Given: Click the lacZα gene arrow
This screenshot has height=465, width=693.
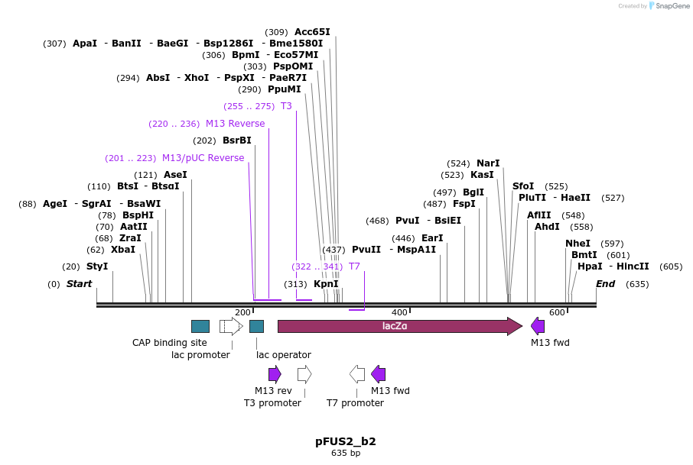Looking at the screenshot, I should point(398,326).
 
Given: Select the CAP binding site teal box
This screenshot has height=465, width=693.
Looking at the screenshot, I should point(200,326).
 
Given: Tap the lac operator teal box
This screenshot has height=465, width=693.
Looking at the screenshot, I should point(256,326).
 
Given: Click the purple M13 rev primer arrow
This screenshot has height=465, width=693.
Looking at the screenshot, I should point(275,374).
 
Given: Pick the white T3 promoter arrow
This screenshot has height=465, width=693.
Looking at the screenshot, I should point(304,374).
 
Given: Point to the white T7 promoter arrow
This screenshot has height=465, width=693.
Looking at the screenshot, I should point(357,374).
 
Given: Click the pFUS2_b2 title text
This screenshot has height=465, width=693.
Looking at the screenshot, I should point(346,441).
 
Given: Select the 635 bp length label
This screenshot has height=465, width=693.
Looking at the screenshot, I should point(346,454).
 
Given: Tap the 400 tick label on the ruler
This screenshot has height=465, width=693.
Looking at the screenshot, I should point(399,312).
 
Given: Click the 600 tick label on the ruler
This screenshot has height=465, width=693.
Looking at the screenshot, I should point(557,312).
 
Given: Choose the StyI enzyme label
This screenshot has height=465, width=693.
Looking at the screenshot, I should point(97,266).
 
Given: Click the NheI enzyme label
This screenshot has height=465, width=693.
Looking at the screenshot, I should point(578,244).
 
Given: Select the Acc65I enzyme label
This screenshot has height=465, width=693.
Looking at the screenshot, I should point(312,32).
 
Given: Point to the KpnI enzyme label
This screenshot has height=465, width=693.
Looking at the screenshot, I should point(326,284).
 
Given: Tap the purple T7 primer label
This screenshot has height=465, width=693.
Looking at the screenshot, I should point(354,266).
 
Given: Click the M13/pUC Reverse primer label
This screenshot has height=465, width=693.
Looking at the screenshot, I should point(203,158).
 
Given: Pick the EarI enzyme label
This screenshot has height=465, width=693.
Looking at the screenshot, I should point(432,238).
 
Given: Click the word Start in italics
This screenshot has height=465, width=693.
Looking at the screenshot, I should point(79,284).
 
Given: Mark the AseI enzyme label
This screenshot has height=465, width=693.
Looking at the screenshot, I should point(175,175).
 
